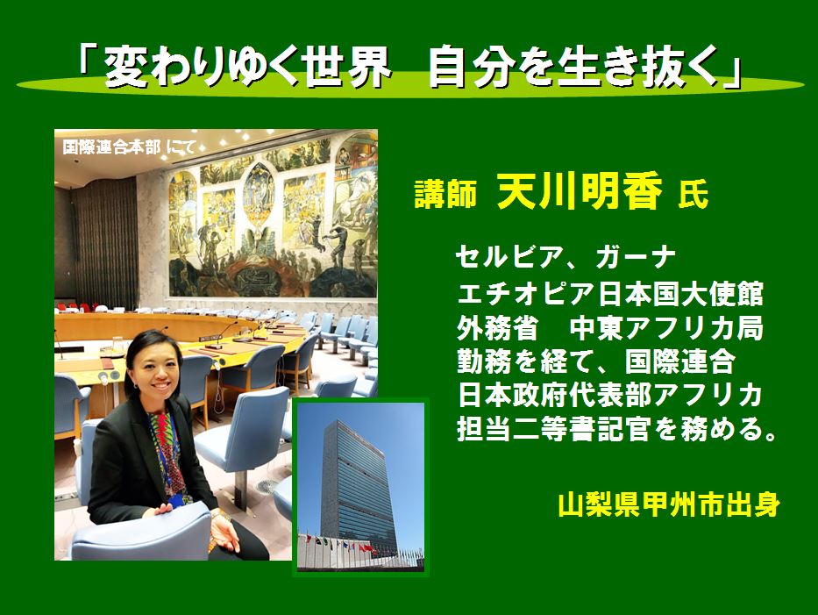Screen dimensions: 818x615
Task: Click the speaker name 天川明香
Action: tap(580, 190)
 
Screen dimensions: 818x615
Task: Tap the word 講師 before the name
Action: tap(445, 194)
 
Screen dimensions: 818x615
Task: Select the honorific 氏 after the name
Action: tap(694, 195)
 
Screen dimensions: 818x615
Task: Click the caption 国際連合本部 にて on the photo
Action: tap(129, 147)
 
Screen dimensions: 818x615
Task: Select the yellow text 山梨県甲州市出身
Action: tap(669, 504)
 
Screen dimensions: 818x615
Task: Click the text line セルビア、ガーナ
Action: tap(565, 257)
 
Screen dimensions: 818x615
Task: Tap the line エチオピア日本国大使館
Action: tap(610, 293)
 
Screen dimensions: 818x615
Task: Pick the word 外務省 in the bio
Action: tap(497, 328)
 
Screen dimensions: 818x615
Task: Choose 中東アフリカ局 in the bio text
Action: tap(666, 328)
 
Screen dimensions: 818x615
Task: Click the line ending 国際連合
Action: tap(596, 361)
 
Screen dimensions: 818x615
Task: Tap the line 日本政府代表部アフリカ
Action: tap(610, 395)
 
